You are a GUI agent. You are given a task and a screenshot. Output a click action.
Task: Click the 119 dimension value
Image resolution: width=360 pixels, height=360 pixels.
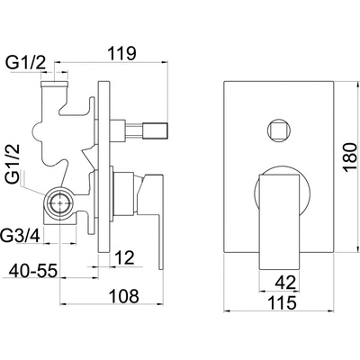click(x=121, y=53)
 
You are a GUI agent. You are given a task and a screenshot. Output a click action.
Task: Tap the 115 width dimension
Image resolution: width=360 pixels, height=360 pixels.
click(x=282, y=302)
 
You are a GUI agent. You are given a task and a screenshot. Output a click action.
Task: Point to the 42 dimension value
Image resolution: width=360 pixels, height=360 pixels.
click(x=285, y=283)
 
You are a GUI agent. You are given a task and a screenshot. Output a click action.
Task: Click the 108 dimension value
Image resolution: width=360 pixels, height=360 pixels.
click(x=124, y=296)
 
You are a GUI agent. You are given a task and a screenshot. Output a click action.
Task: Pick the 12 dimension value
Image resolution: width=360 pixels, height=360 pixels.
click(x=124, y=257)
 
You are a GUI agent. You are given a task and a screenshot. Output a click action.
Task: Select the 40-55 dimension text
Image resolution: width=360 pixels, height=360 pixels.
click(x=33, y=272)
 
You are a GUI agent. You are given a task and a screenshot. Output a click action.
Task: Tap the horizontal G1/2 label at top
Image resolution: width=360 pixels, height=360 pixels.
click(x=26, y=63)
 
